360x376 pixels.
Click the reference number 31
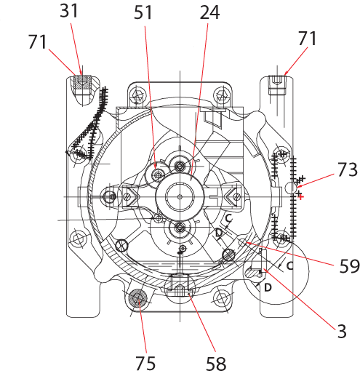(69, 11)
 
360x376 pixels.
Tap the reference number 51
(143, 12)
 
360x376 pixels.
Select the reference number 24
(209, 12)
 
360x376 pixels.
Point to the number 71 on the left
(37, 41)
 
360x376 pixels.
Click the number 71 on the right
(308, 39)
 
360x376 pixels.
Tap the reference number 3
(342, 331)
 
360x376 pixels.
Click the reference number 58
(216, 364)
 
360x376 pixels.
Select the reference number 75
(145, 363)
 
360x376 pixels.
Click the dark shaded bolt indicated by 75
(138, 298)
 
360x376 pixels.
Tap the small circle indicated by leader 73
(291, 188)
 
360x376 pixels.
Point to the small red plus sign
(300, 197)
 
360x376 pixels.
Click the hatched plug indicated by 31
(83, 82)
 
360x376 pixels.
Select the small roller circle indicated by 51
(158, 175)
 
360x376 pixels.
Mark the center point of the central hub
(180, 197)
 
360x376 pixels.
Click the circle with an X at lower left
(122, 246)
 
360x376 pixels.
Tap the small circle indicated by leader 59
(242, 242)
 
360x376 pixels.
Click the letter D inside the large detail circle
(268, 287)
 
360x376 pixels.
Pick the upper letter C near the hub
(228, 218)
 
